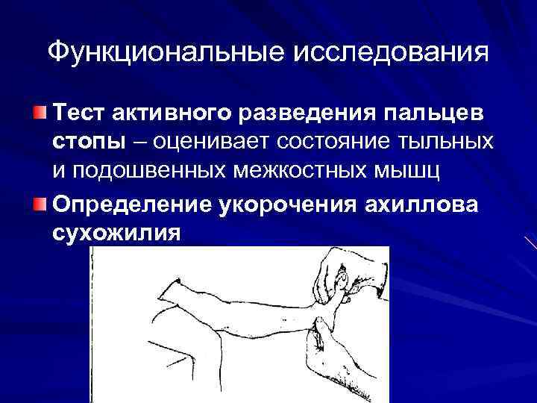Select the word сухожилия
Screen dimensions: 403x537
[116, 233]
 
